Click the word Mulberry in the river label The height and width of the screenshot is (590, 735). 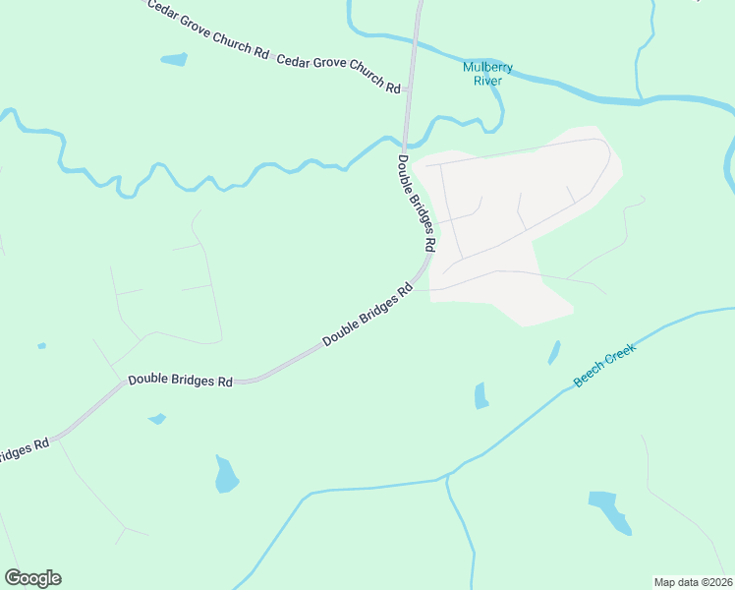[x=487, y=68]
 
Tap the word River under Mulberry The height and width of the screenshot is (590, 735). [x=487, y=81]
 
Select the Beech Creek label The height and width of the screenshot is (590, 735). [x=605, y=365]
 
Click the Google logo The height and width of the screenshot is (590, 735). [x=32, y=578]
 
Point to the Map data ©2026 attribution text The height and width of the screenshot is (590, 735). [x=693, y=581]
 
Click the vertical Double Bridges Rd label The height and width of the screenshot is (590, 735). [x=417, y=202]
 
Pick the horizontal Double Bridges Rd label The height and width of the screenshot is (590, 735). [x=180, y=380]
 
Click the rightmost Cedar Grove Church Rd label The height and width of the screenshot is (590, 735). [x=339, y=74]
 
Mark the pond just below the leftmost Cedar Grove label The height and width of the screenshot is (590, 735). [x=174, y=60]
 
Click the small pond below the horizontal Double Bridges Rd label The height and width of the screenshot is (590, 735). [x=157, y=420]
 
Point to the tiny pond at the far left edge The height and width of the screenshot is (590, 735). [x=41, y=346]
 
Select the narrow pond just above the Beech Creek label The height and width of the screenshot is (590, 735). [x=554, y=352]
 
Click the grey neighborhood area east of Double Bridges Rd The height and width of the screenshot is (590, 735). [x=521, y=216]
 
